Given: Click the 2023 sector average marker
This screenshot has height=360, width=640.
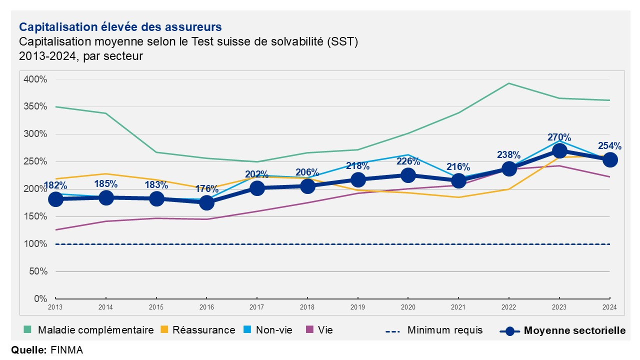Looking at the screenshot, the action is click(x=559, y=151).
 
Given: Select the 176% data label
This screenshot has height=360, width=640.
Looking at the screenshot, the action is click(x=207, y=189).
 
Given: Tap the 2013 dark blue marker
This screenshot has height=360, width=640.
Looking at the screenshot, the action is click(x=55, y=199).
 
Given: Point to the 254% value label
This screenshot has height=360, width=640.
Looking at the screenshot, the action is click(x=609, y=146).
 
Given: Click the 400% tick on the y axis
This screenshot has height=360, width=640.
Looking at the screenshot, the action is click(x=35, y=79).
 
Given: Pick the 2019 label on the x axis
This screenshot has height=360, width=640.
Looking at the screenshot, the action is click(x=357, y=307).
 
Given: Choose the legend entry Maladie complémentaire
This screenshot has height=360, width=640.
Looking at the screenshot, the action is click(x=88, y=330).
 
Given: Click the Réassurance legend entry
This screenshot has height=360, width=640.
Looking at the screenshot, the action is click(x=197, y=330).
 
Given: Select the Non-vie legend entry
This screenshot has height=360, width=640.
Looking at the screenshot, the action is click(x=268, y=330).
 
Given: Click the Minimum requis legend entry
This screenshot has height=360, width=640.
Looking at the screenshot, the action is click(x=434, y=330).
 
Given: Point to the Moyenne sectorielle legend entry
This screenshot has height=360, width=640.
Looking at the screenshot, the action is click(x=562, y=331).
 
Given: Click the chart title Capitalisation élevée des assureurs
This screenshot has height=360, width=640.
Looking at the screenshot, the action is click(x=120, y=27).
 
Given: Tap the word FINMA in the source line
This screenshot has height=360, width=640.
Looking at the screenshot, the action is click(x=67, y=350).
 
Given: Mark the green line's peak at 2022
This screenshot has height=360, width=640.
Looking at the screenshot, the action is click(x=509, y=83).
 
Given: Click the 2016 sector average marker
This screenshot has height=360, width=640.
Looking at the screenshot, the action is click(x=207, y=203).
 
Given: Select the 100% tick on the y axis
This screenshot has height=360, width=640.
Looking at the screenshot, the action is click(x=35, y=244).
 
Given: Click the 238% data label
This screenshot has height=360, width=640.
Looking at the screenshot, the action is click(x=509, y=155).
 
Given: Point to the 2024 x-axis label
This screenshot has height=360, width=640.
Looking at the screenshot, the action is click(x=609, y=307).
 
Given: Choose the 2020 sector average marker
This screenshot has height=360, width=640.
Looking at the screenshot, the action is click(x=408, y=175).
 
